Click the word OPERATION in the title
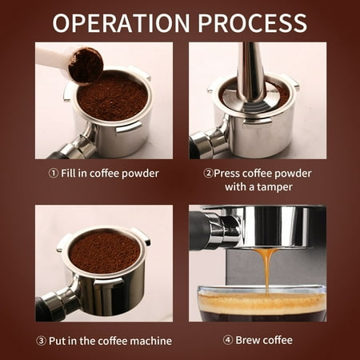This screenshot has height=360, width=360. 122,22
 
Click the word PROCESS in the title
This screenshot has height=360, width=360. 252,22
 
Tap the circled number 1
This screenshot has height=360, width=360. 53,174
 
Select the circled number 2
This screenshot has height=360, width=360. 208,174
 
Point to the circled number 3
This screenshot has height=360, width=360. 41,341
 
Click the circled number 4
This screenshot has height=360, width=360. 227,340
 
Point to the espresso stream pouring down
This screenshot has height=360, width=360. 266,270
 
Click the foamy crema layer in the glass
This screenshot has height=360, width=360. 262,302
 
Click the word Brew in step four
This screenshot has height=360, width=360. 247,340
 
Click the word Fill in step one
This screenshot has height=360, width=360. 68,174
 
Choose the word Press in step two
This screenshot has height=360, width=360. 227,174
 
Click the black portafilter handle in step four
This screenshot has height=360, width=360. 198,230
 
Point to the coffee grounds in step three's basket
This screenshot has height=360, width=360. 105,253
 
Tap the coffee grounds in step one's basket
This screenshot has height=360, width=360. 112,97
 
